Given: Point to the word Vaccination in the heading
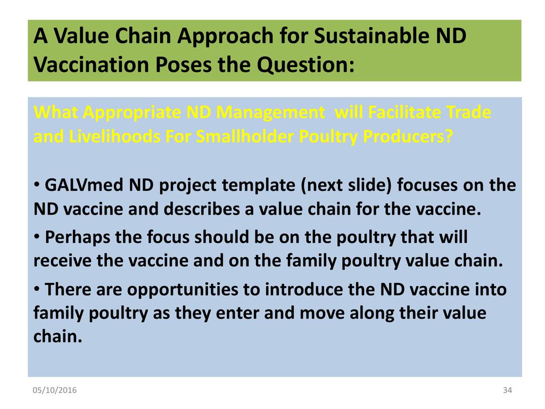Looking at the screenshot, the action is tap(91, 64).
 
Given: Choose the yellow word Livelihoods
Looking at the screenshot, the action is tap(114, 137).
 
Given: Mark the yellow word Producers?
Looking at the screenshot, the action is tap(408, 137).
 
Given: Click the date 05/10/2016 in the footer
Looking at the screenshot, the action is tap(55, 390).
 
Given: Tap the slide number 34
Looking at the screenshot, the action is tap(507, 390).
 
